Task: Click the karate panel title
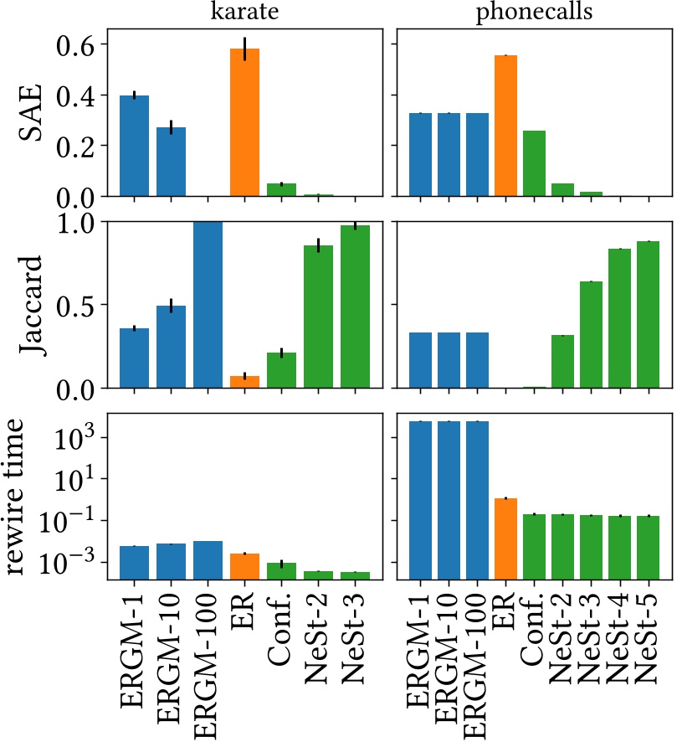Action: tap(245, 14)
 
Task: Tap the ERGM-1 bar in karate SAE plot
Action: tap(134, 146)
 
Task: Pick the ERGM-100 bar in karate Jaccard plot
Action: tap(208, 305)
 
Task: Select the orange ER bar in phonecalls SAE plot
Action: tap(505, 126)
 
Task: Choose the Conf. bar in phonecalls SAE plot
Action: tap(533, 163)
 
